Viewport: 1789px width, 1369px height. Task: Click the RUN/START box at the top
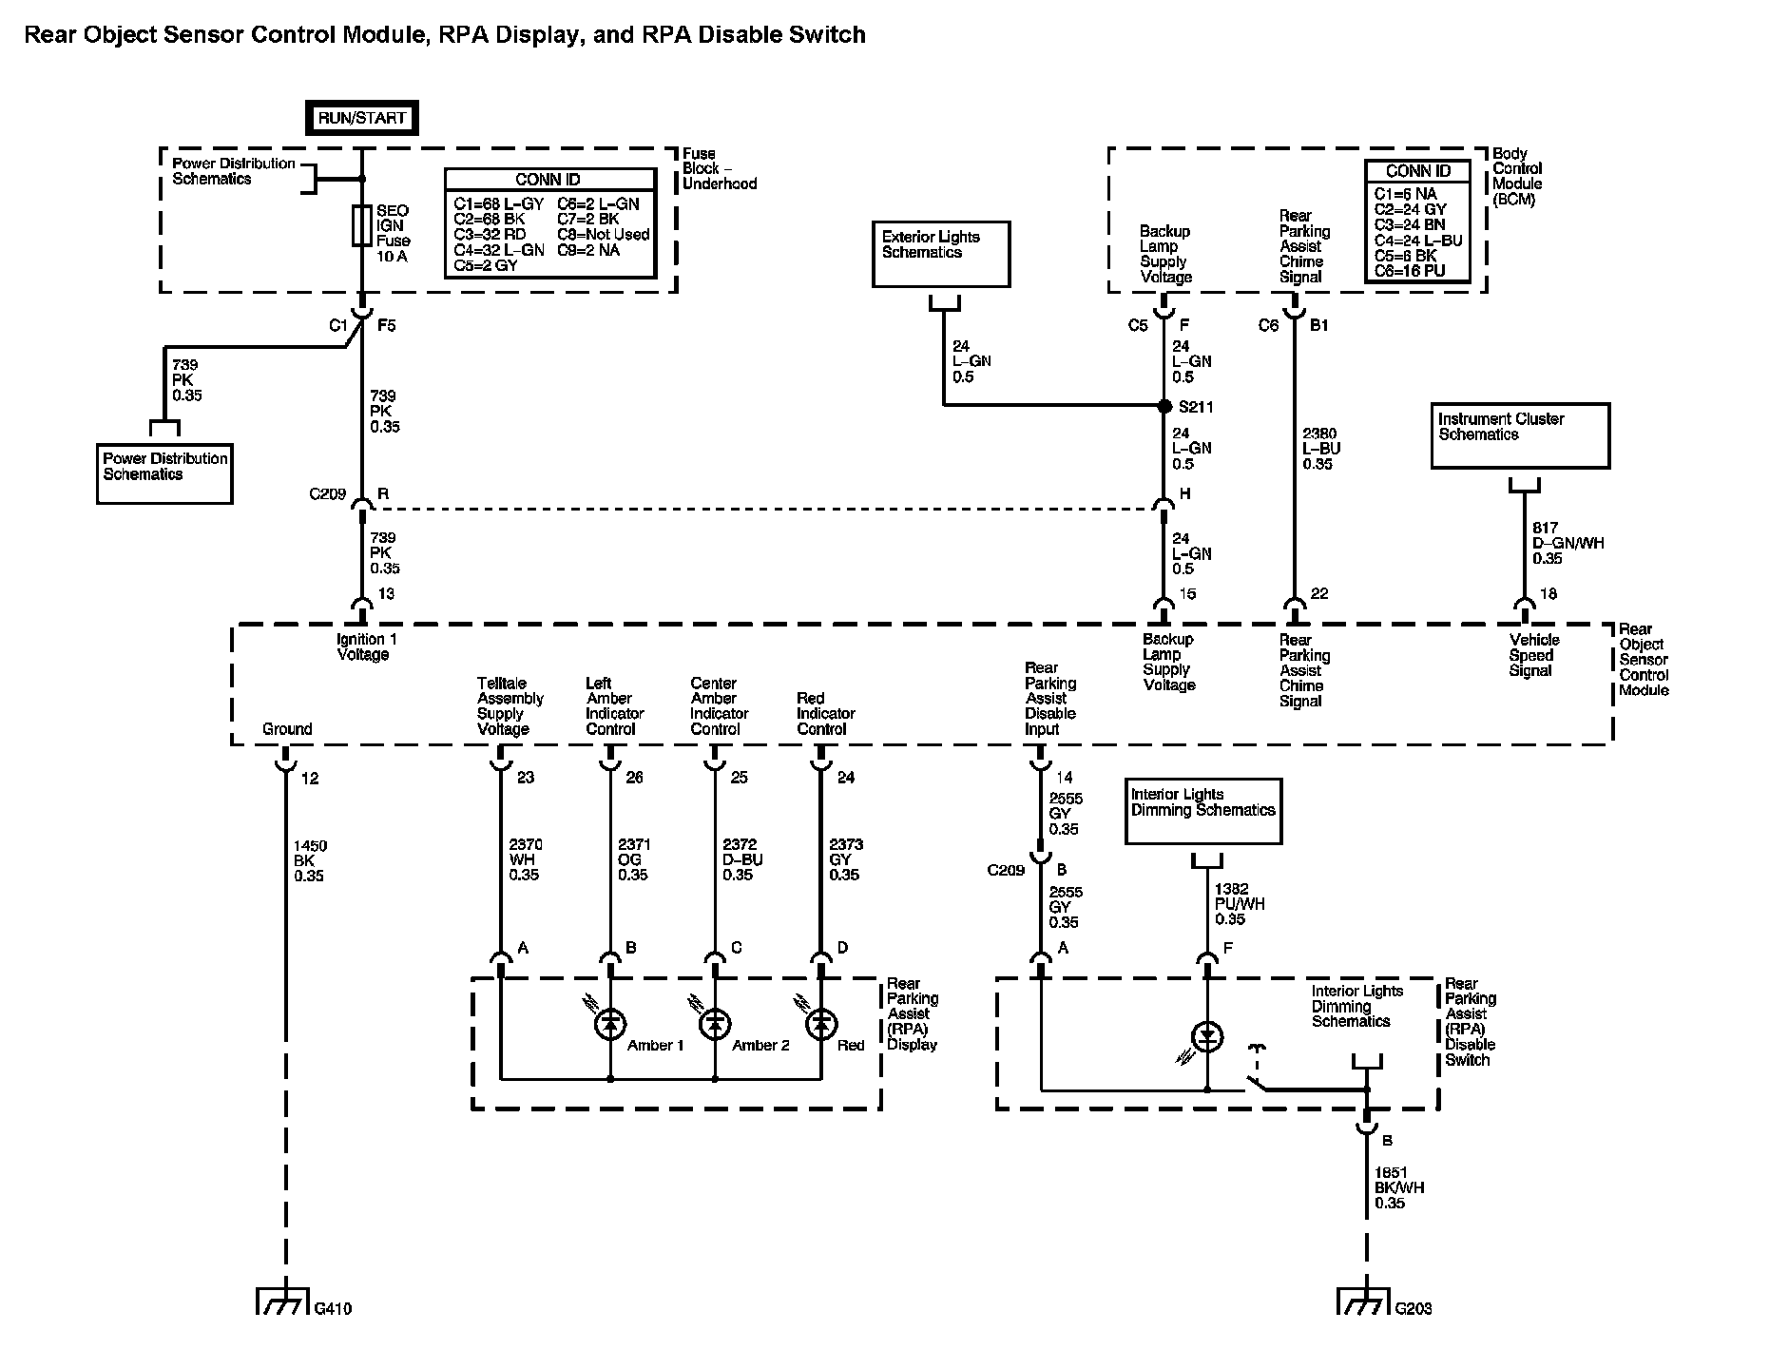click(361, 118)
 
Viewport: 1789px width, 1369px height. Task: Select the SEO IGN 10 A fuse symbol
click(361, 226)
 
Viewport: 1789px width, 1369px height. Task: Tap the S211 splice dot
click(1164, 406)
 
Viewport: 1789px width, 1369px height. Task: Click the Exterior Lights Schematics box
click(941, 254)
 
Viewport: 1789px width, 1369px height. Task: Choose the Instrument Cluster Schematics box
click(1520, 435)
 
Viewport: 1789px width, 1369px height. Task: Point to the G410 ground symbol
click(282, 1302)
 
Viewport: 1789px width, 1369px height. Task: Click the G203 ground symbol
click(1364, 1302)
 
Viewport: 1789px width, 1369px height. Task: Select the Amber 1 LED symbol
click(610, 1024)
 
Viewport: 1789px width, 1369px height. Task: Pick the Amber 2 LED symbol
click(715, 1024)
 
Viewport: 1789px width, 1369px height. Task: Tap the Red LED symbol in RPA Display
click(821, 1024)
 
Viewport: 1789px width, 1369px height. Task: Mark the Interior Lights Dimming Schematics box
click(1203, 811)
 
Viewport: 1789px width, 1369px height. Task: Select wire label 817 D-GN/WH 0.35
click(1568, 543)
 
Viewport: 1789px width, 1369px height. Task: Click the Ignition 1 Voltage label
click(362, 646)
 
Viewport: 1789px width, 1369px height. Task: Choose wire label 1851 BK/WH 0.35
click(1398, 1187)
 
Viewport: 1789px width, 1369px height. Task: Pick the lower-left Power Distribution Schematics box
click(165, 473)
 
